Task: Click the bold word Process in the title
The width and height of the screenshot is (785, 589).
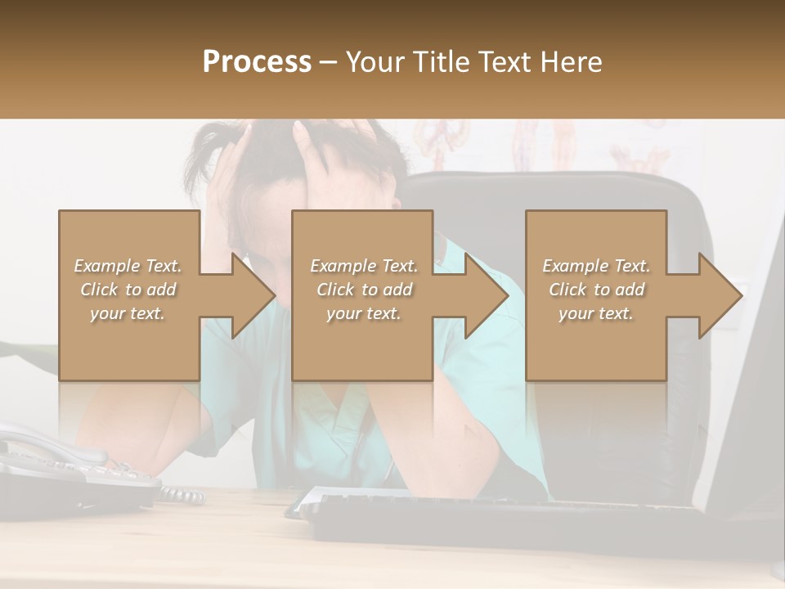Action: pyautogui.click(x=257, y=62)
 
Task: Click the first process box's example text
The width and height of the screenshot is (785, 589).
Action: pyautogui.click(x=128, y=290)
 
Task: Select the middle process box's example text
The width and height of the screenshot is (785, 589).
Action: pyautogui.click(x=363, y=290)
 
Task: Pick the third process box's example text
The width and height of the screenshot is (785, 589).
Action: pyautogui.click(x=596, y=290)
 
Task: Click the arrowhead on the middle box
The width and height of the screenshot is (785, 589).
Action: pyautogui.click(x=486, y=295)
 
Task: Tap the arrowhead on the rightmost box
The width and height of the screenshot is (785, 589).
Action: pyautogui.click(x=720, y=295)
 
